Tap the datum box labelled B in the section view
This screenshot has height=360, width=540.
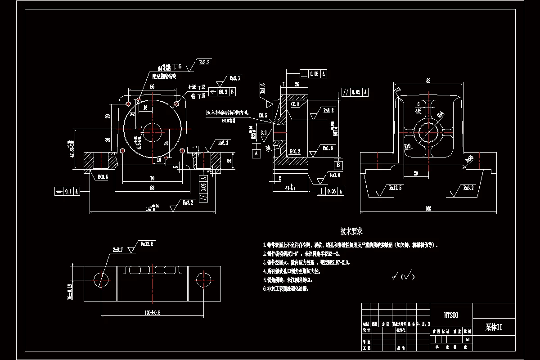point(338,165)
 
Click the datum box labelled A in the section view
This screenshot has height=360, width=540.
point(257,153)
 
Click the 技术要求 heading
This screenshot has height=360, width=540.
point(351,232)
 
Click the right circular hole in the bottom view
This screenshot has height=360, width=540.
point(203,279)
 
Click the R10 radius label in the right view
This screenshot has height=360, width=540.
point(408,146)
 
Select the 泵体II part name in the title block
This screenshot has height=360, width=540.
point(493,328)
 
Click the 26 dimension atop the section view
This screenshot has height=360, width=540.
point(297,84)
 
